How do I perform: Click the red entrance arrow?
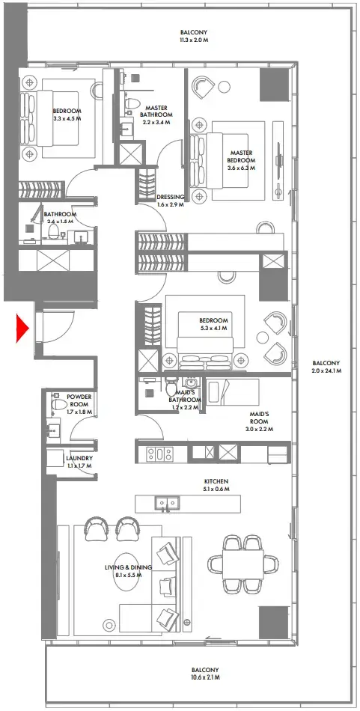(x=22, y=328)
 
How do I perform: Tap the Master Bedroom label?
(x=242, y=156)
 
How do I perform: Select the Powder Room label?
(x=79, y=401)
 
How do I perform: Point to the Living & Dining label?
(x=128, y=567)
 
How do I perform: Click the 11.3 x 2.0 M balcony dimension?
(x=193, y=42)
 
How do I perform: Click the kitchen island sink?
(x=165, y=502)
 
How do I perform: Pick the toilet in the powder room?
(x=55, y=406)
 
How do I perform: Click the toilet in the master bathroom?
(x=131, y=103)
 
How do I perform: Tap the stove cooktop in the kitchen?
(x=159, y=453)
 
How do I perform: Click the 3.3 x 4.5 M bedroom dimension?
(x=67, y=118)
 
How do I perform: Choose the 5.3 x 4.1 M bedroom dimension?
(x=213, y=328)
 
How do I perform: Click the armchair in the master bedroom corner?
(x=204, y=88)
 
